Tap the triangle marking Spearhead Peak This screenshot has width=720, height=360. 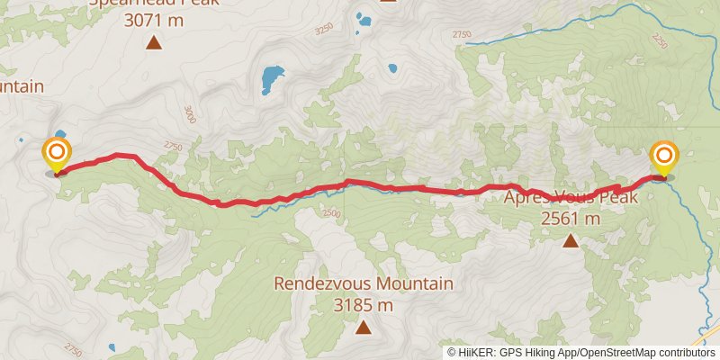pyautogui.click(x=154, y=41)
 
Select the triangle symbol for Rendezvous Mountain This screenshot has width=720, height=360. pyautogui.click(x=363, y=328)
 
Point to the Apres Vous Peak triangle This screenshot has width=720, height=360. pyautogui.click(x=570, y=240)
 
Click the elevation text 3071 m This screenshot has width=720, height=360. pyautogui.click(x=154, y=17)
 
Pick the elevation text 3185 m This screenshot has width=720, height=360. pyautogui.click(x=364, y=305)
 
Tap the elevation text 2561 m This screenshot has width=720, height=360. pyautogui.click(x=571, y=218)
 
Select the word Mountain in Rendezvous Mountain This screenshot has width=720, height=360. pyautogui.click(x=413, y=284)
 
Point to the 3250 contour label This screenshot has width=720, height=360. pyautogui.click(x=325, y=30)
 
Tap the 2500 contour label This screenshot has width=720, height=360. pyautogui.click(x=330, y=213)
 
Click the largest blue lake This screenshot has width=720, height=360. pyautogui.click(x=269, y=79)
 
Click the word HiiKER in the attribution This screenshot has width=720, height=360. pyautogui.click(x=481, y=352)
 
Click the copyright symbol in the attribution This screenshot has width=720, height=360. pyautogui.click(x=453, y=352)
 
